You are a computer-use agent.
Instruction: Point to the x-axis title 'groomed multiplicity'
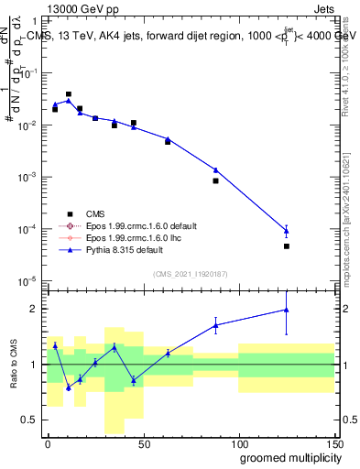pyautogui.click(x=288, y=457)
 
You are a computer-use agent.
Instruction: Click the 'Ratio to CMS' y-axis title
pyautogui.click(x=13, y=364)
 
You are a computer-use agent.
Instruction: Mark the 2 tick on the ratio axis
pyautogui.click(x=35, y=309)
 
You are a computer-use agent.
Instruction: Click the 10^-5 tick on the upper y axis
pyautogui.click(x=27, y=280)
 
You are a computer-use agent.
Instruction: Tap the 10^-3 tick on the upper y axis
pyautogui.click(x=27, y=176)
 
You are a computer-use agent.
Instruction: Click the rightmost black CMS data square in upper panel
pyautogui.click(x=287, y=246)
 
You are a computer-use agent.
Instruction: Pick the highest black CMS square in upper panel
pyautogui.click(x=69, y=93)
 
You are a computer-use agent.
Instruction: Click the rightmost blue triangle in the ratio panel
pyautogui.click(x=287, y=310)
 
